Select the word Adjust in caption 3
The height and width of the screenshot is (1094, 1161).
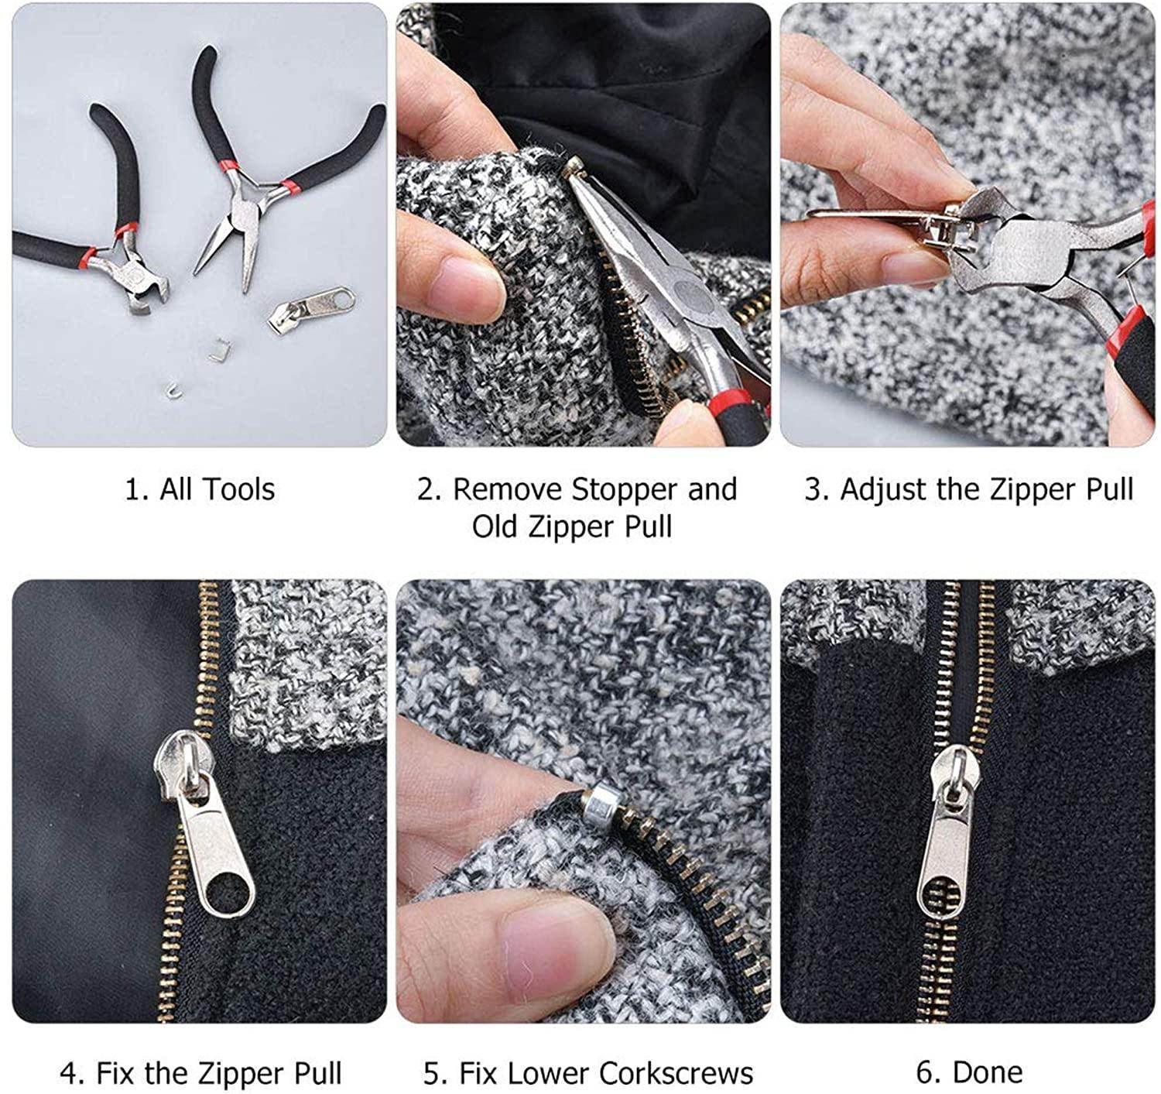pos(875,489)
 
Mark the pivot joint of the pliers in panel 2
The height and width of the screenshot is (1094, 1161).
pos(688,295)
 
